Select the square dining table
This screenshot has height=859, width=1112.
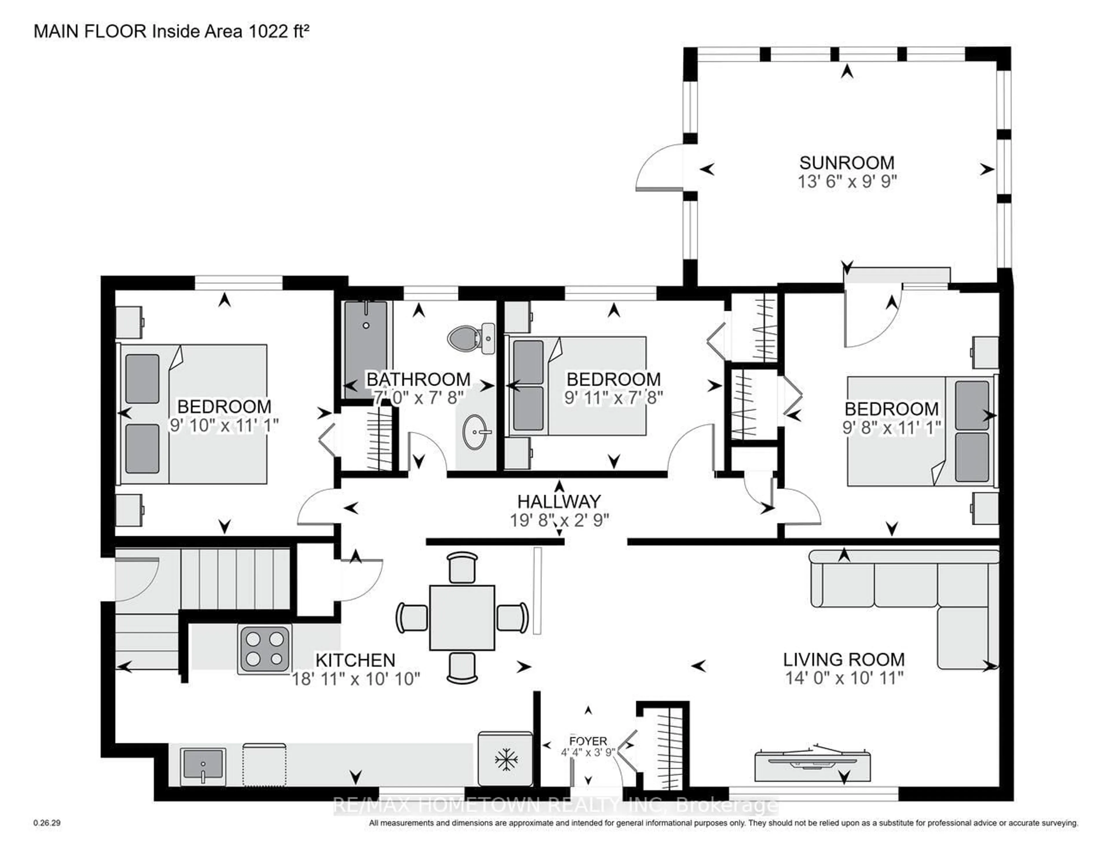tap(462, 617)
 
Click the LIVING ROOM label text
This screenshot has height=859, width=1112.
tap(844, 660)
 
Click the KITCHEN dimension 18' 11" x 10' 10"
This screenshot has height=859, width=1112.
tap(355, 679)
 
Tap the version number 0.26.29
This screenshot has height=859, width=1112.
tap(47, 823)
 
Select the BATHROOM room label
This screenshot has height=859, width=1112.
tap(418, 379)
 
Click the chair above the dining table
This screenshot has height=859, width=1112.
tap(462, 567)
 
